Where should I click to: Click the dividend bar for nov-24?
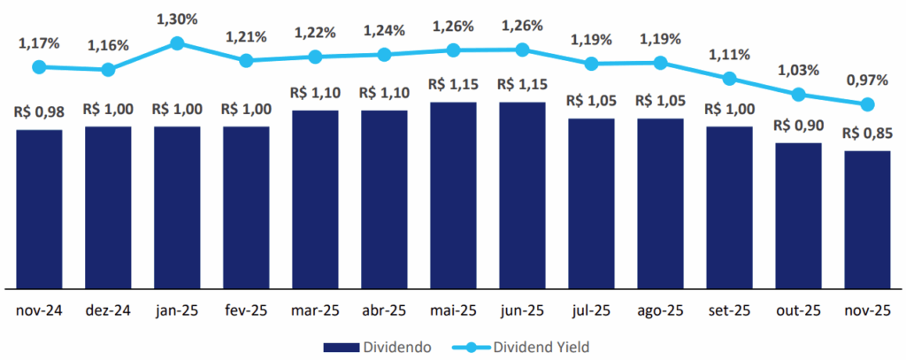pos(39,209)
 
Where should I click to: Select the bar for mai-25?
pos(453,195)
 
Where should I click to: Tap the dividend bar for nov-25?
pos(867,219)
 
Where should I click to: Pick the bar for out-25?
pos(798,215)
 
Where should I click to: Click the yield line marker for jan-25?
pos(177,42)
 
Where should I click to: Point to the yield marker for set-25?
pos(729,79)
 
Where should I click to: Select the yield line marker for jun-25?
pos(522,50)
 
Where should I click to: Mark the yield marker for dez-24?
pos(108,69)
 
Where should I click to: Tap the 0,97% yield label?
pos(867,80)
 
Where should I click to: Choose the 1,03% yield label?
pos(798,69)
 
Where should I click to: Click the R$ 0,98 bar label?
pos(39,112)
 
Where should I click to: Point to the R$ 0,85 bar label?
pos(867,134)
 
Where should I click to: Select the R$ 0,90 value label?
pos(798,125)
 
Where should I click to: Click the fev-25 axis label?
pos(246,311)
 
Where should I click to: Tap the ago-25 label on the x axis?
pos(660,311)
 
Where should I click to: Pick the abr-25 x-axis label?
pos(384,311)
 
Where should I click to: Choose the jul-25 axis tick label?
pos(591,311)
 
